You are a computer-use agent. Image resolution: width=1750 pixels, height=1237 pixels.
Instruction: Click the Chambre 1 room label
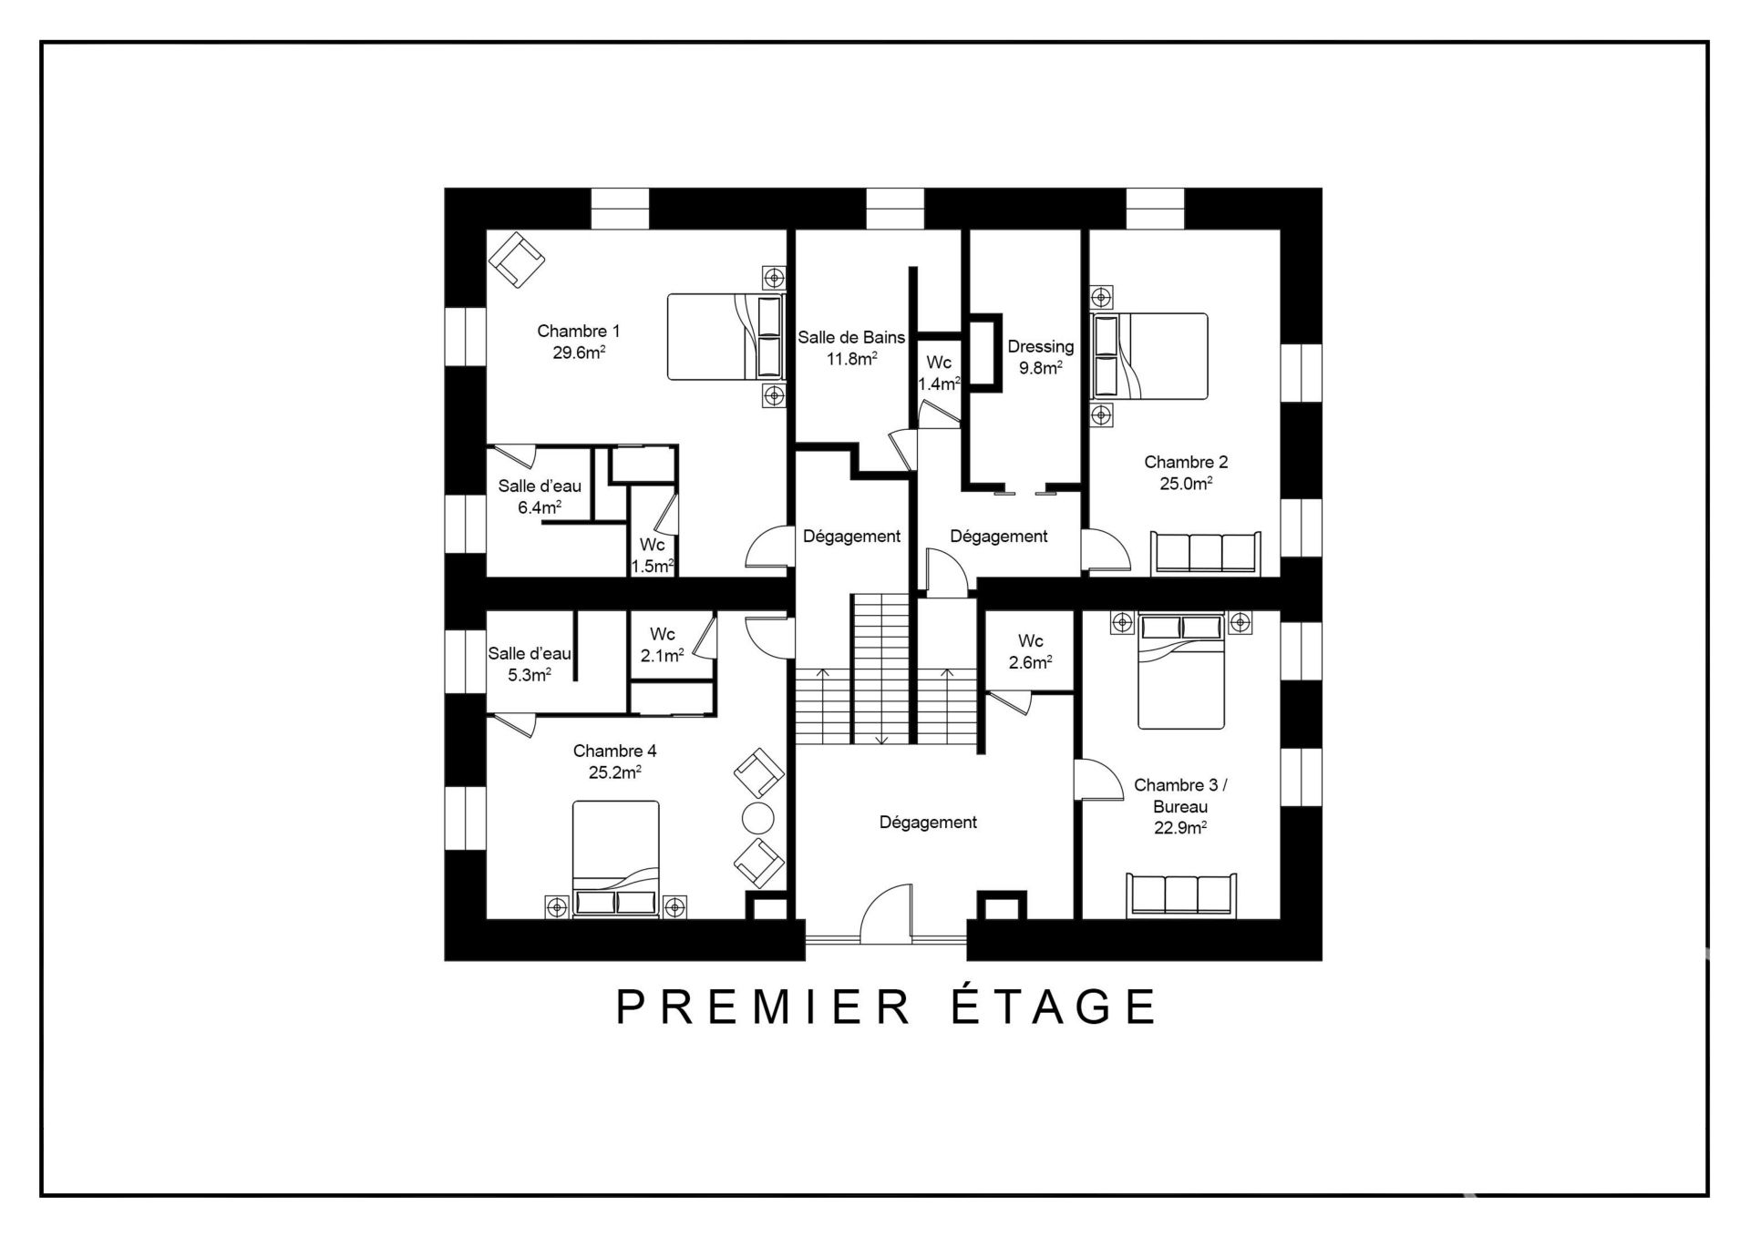pyautogui.click(x=578, y=331)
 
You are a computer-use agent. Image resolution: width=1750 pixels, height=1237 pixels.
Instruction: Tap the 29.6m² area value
pyautogui.click(x=580, y=353)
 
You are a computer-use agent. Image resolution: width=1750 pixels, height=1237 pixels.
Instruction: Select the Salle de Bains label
pyautogui.click(x=851, y=337)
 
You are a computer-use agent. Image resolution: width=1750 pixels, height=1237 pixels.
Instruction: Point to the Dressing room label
pyautogui.click(x=1040, y=347)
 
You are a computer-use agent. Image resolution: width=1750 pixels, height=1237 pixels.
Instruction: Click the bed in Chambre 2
pyautogui.click(x=1150, y=356)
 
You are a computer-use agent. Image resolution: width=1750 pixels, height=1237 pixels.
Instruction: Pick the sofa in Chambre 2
pyautogui.click(x=1206, y=553)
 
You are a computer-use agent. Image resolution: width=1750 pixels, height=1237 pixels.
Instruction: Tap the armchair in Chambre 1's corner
pyautogui.click(x=516, y=260)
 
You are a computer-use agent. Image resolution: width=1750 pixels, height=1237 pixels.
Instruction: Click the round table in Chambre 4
pyautogui.click(x=757, y=817)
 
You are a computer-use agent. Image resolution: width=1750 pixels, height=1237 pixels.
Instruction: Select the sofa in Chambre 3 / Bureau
pyautogui.click(x=1181, y=895)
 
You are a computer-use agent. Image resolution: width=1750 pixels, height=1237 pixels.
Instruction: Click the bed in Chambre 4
pyautogui.click(x=615, y=859)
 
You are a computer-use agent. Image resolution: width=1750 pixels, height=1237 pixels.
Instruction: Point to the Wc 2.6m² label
pyautogui.click(x=1030, y=651)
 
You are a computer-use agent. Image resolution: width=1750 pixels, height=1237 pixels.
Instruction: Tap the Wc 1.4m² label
pyautogui.click(x=939, y=373)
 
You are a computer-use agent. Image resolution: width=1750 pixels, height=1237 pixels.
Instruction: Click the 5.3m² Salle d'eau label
pyautogui.click(x=530, y=664)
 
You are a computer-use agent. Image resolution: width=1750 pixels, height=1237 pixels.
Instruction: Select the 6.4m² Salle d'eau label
pyautogui.click(x=540, y=496)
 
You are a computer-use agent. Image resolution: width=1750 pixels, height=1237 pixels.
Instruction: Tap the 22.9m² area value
pyautogui.click(x=1181, y=828)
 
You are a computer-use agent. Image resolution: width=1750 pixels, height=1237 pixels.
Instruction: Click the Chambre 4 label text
pyautogui.click(x=614, y=751)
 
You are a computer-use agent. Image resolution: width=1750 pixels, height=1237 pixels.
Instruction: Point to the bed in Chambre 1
pyautogui.click(x=726, y=336)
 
